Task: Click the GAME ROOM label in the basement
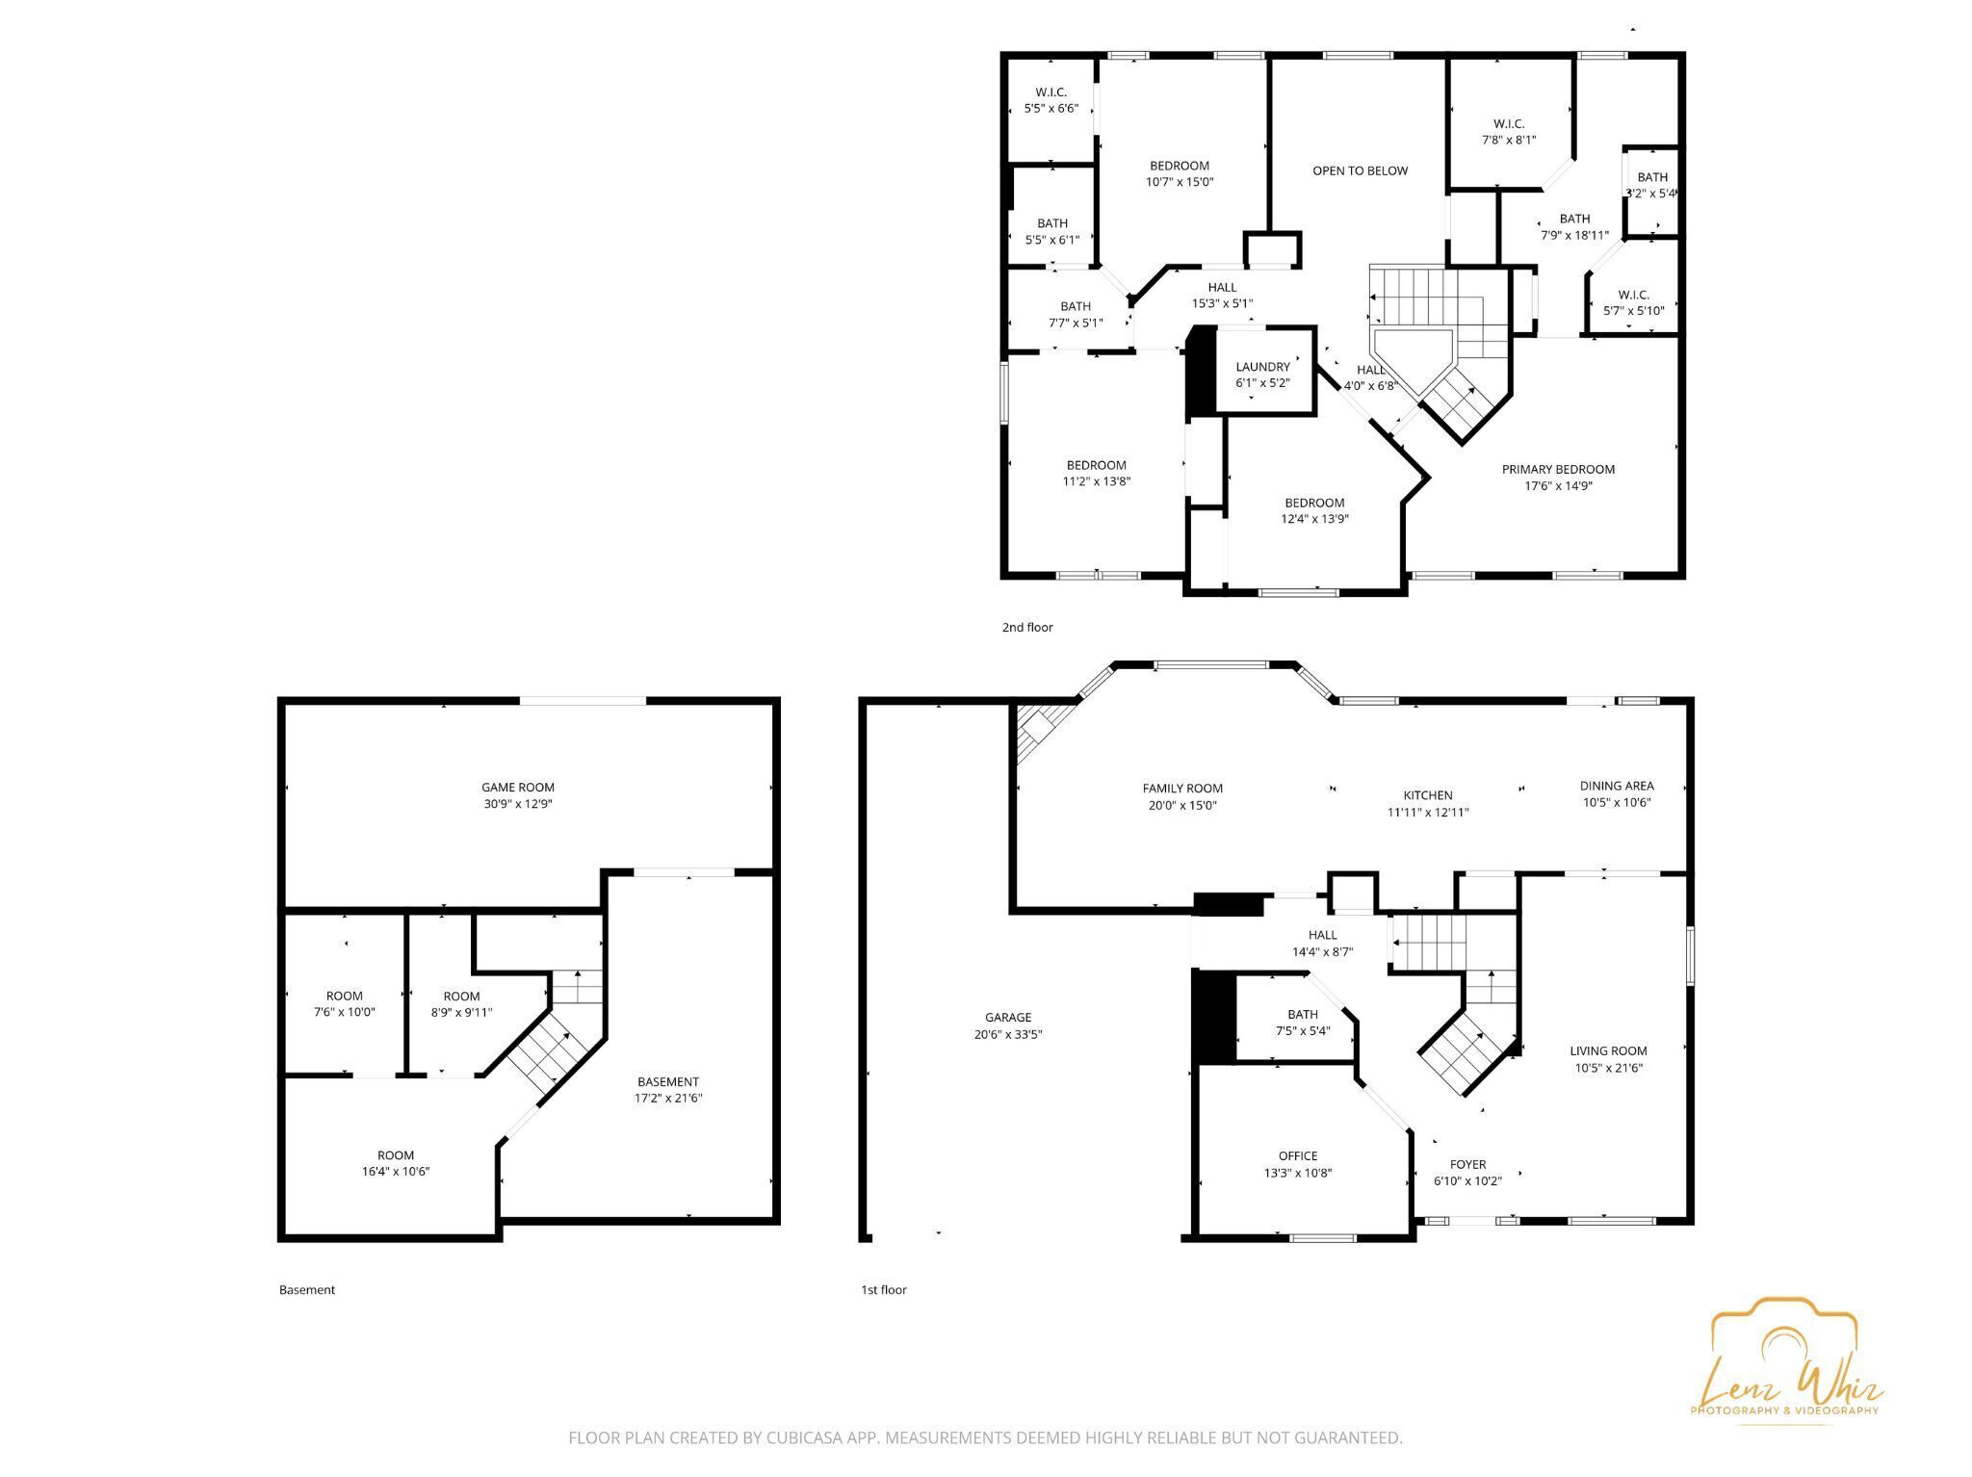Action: coord(518,788)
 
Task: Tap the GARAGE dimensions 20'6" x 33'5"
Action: coord(1008,1035)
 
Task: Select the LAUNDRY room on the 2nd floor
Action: coord(1262,368)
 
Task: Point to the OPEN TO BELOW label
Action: coord(1360,171)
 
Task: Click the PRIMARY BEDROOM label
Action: coord(1558,470)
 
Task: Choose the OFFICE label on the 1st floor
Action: coord(1298,1156)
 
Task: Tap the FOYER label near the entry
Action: coord(1467,1165)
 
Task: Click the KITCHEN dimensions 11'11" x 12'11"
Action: coord(1427,813)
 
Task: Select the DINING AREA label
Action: coord(1617,786)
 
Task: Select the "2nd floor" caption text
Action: coord(1027,628)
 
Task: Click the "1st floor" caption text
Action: coord(884,1290)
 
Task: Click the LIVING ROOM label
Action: coord(1608,1051)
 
